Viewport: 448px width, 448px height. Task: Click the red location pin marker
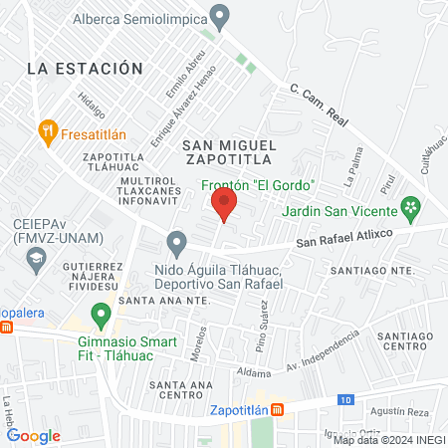(224, 205)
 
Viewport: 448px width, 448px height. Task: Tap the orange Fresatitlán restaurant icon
(46, 129)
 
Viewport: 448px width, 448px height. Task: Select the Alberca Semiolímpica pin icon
(221, 16)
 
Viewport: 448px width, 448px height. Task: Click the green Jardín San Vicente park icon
(409, 209)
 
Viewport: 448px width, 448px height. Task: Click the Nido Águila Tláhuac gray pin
(176, 243)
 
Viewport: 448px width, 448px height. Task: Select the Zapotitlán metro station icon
(278, 408)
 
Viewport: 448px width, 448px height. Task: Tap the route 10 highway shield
(345, 399)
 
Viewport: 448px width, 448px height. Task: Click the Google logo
(33, 435)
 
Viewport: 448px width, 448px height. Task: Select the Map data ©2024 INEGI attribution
(388, 440)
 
